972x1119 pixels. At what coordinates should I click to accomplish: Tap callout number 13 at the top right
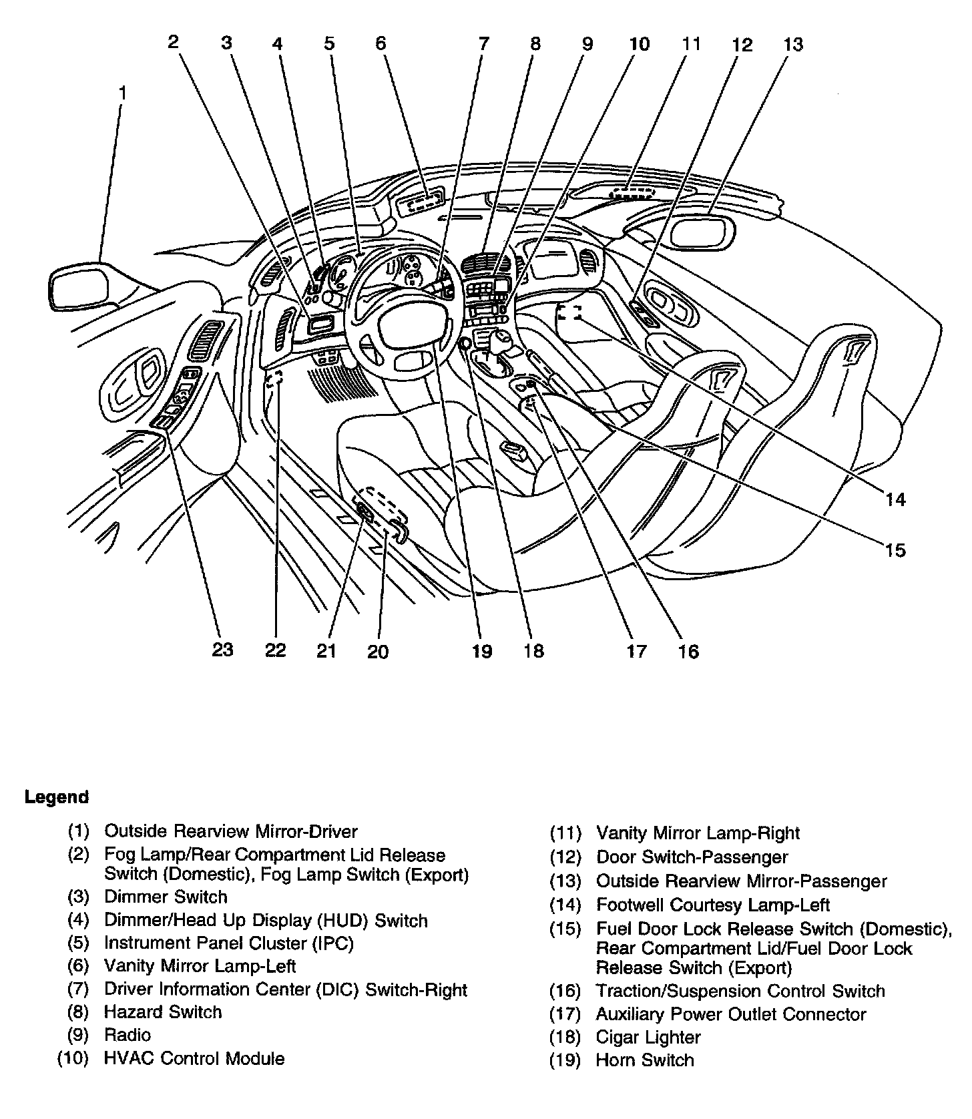coord(792,45)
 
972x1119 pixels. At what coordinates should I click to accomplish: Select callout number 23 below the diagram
coord(222,649)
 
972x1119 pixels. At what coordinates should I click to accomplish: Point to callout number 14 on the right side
coord(895,499)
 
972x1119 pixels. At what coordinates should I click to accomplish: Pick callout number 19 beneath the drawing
coord(481,651)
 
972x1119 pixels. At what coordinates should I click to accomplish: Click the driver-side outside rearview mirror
coord(79,286)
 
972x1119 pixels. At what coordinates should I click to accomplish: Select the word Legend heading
coord(57,797)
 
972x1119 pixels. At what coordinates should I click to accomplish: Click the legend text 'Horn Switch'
coord(645,1060)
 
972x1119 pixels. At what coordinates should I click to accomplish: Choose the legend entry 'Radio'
coord(128,1035)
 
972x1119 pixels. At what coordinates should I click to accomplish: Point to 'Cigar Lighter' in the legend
coord(648,1037)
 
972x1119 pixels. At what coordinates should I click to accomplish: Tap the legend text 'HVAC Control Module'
coord(194,1058)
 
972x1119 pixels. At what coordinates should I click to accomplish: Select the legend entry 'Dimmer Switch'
coord(166,897)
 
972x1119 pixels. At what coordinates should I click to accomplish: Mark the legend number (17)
coord(565,1014)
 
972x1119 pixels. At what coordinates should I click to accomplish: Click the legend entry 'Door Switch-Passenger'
coord(692,857)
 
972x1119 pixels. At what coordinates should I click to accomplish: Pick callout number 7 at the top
coord(483,44)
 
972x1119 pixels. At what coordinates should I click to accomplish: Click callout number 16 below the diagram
coord(688,651)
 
